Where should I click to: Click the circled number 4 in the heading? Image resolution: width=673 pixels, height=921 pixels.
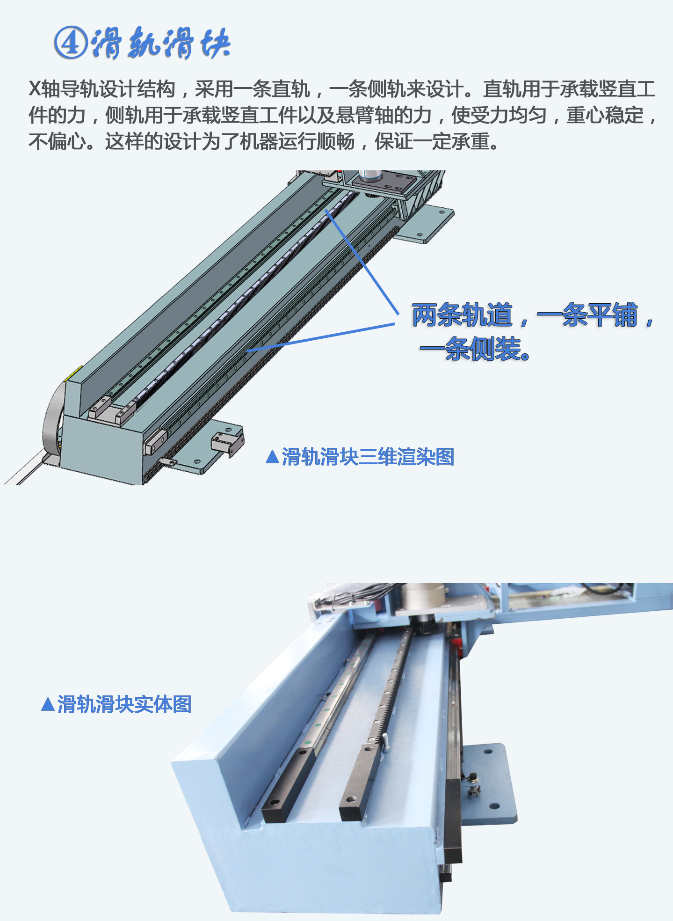[x=71, y=43]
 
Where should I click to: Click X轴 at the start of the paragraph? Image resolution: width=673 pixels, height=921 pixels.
[x=44, y=89]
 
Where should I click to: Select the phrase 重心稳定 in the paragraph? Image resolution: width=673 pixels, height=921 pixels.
[x=605, y=115]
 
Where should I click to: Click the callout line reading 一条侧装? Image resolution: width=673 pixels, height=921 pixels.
[x=475, y=349]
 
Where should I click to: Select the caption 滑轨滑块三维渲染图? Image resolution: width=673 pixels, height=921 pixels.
[x=368, y=457]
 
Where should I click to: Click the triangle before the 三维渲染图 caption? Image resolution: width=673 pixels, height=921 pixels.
[x=272, y=457]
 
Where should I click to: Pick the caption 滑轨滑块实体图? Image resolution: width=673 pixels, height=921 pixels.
[x=124, y=704]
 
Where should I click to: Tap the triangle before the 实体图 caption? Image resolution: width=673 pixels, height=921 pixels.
[x=48, y=704]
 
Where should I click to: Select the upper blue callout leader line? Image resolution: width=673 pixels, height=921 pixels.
[x=362, y=262]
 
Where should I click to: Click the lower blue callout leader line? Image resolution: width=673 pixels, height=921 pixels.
[x=321, y=337]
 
